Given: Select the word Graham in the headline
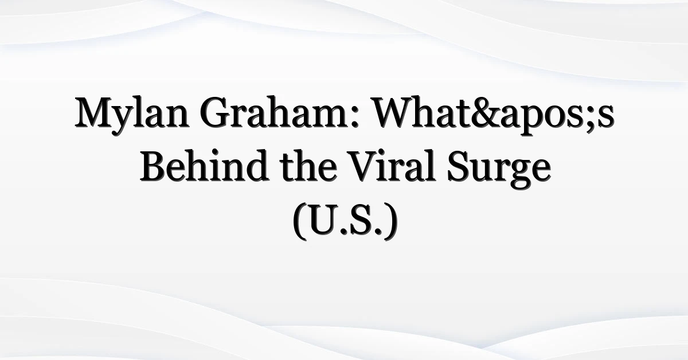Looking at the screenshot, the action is pos(275,112).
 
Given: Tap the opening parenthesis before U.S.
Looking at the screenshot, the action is pos(300,221).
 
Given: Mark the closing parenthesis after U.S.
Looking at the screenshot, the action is pos(390,221).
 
